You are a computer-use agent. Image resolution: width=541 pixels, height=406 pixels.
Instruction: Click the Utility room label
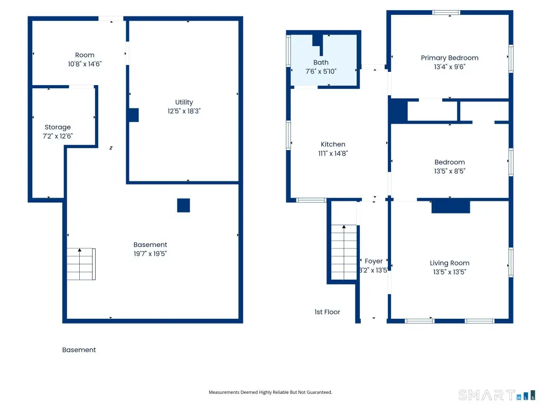(184, 102)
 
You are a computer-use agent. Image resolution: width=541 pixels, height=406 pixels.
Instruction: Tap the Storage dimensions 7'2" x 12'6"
(58, 136)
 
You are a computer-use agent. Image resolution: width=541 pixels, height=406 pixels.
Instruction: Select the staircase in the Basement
(81, 264)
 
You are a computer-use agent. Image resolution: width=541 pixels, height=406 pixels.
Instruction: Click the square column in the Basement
(183, 206)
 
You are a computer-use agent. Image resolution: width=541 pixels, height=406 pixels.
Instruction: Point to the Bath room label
(321, 62)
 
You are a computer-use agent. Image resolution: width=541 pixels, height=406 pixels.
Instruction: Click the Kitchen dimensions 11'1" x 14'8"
(333, 153)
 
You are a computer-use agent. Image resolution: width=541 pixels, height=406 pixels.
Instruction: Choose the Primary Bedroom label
(450, 58)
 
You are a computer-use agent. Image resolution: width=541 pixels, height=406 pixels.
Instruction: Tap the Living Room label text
(450, 263)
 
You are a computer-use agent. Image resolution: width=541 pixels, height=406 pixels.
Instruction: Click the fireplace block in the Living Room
(451, 207)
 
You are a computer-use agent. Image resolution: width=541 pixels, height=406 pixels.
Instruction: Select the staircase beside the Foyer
(344, 252)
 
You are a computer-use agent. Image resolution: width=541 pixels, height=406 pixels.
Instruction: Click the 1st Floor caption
(327, 312)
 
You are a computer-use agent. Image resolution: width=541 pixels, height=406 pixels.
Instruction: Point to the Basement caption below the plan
(79, 350)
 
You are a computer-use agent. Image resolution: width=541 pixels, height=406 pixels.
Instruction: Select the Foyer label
(374, 261)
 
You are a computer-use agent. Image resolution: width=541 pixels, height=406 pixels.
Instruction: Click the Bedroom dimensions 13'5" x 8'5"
(450, 171)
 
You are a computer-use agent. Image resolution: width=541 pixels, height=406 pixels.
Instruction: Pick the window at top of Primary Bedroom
(446, 13)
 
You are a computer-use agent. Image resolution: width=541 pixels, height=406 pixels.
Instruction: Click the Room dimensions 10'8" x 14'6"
(85, 64)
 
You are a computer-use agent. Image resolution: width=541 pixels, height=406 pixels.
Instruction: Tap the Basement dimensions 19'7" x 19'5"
(150, 254)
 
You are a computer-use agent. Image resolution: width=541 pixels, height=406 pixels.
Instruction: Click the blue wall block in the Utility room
(134, 115)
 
